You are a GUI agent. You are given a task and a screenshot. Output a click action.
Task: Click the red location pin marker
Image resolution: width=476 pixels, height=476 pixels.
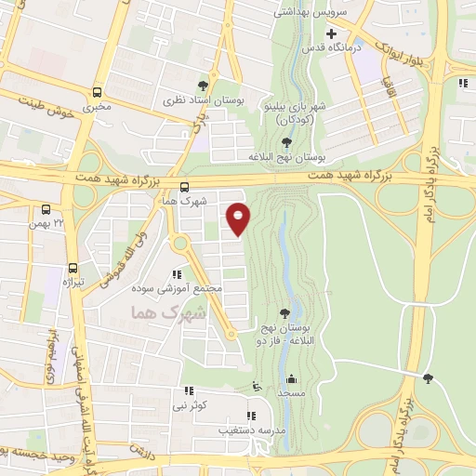[x=239, y=218]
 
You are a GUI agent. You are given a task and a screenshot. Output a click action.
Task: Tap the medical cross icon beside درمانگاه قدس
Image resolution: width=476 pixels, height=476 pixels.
[x=330, y=33]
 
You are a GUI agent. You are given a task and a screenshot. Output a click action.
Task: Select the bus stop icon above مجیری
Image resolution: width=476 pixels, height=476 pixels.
[x=98, y=92]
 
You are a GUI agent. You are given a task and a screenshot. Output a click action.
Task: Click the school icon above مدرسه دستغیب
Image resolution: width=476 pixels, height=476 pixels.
[x=249, y=416]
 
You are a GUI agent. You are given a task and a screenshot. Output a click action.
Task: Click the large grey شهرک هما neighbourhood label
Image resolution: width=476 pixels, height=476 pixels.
[x=167, y=313]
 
